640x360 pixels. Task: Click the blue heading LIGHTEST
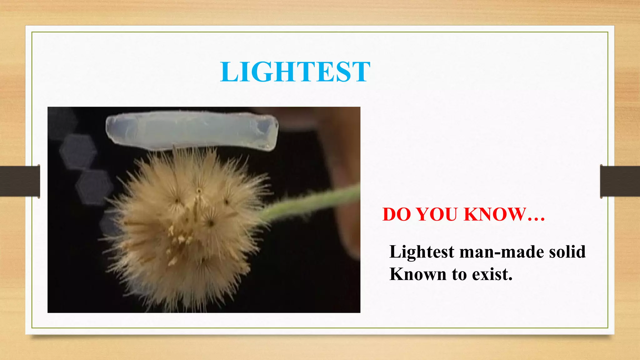[295, 72]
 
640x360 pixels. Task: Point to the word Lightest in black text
[422, 252]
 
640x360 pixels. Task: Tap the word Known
[417, 274]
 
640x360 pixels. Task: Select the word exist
[492, 274]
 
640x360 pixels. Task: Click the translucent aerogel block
[191, 131]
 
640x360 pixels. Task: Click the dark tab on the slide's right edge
[620, 181]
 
